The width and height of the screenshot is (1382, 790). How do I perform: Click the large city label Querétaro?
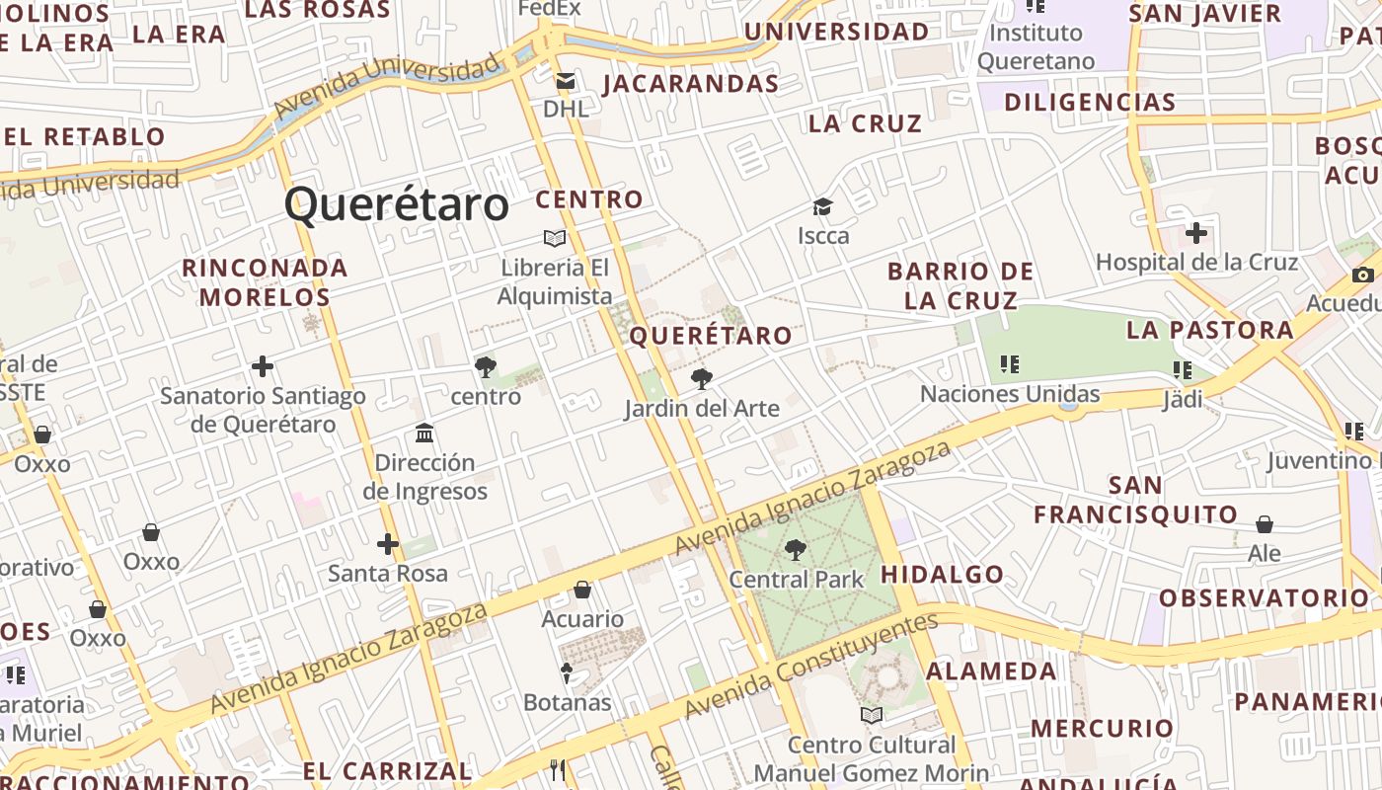click(397, 205)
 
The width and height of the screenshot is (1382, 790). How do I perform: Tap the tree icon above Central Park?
click(796, 550)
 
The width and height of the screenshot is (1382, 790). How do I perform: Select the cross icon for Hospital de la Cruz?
click(1196, 234)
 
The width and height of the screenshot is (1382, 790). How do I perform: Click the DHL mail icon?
click(566, 81)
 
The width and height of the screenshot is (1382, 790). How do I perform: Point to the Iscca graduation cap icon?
click(822, 207)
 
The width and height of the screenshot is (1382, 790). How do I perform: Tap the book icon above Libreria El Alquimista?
click(555, 238)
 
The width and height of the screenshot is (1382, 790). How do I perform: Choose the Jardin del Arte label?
click(702, 408)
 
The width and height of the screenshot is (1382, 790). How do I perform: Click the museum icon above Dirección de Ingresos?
click(424, 433)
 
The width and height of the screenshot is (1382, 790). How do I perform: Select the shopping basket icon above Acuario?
click(582, 591)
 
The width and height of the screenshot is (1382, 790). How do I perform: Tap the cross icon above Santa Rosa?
click(388, 544)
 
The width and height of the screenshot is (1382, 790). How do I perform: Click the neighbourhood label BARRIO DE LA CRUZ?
click(960, 285)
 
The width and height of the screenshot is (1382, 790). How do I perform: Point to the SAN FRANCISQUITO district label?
click(1135, 500)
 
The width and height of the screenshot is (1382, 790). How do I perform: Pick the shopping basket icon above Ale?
click(1265, 524)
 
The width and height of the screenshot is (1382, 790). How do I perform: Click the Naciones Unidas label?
click(1010, 394)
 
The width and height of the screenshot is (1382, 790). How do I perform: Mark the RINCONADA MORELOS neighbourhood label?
click(266, 281)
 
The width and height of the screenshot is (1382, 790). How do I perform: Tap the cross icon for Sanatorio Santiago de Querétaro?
click(263, 367)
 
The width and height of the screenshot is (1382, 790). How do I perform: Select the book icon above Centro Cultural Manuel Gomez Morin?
click(872, 715)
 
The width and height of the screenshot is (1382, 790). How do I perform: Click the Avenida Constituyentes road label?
click(809, 667)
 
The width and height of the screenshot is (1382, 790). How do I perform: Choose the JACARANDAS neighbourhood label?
click(691, 84)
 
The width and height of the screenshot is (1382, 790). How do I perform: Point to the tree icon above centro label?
click(485, 367)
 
